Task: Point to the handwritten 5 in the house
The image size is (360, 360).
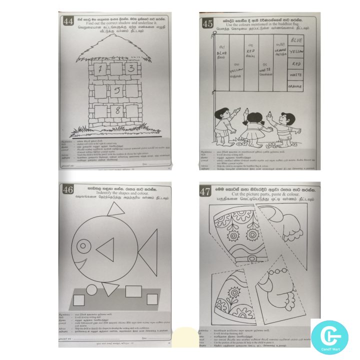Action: coord(115,90)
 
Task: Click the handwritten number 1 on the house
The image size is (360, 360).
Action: coord(99,70)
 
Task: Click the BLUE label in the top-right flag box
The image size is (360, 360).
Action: coord(296,39)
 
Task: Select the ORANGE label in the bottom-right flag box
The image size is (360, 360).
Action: coord(296,86)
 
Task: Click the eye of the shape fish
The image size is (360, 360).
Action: coord(82,246)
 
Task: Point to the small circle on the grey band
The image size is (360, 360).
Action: coord(92,289)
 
